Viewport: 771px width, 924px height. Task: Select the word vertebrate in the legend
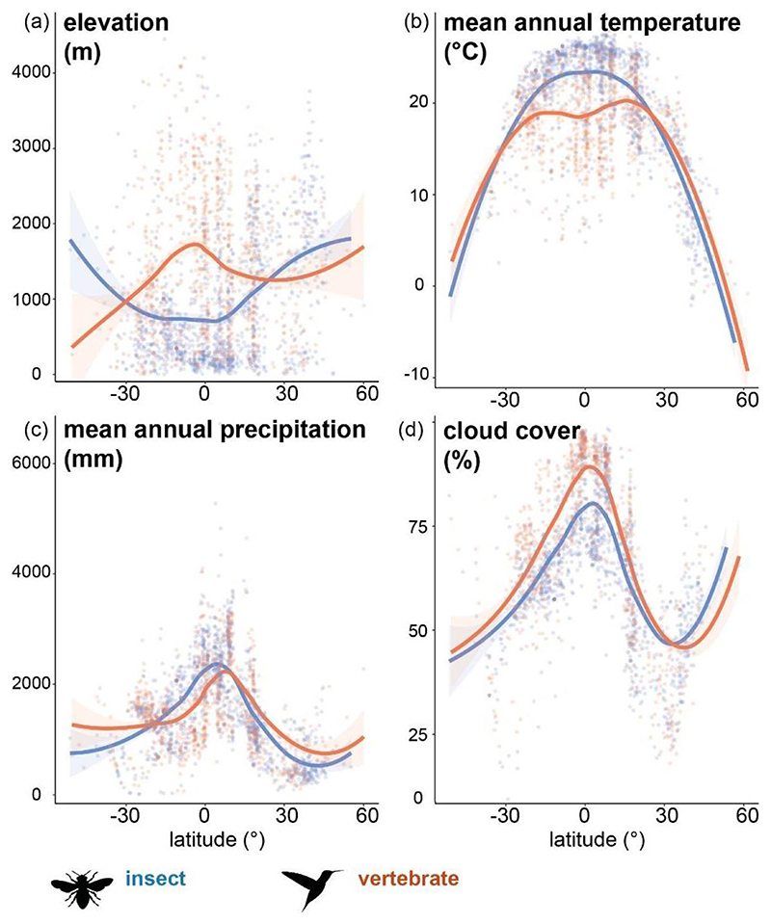(x=408, y=878)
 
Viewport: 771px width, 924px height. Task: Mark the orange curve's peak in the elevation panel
(x=195, y=244)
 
